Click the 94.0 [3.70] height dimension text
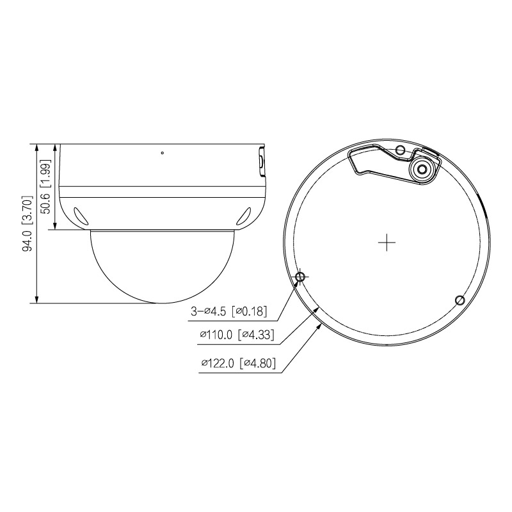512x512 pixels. (x=28, y=223)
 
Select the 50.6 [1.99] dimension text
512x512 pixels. (x=45, y=186)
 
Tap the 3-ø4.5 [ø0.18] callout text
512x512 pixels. (x=229, y=311)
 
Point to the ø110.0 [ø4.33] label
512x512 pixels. (x=237, y=334)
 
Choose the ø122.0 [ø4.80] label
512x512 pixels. (x=238, y=363)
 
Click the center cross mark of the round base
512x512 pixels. (x=387, y=243)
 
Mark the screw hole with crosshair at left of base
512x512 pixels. (x=301, y=277)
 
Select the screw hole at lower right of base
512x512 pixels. (x=460, y=300)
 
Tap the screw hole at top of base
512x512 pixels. (x=401, y=150)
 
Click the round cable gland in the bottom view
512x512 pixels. (x=422, y=170)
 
